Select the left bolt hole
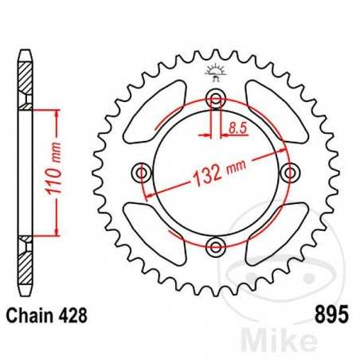(143, 172)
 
